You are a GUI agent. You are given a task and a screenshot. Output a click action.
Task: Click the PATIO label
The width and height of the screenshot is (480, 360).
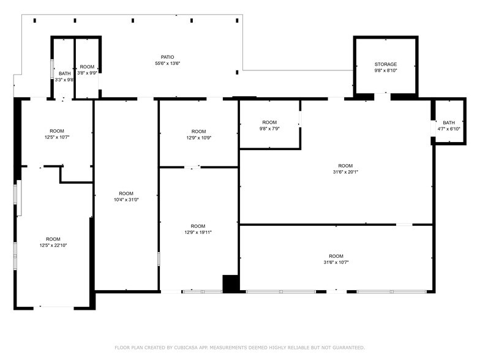pos(168,57)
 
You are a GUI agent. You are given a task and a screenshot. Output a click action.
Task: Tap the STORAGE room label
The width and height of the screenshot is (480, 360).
pos(386,64)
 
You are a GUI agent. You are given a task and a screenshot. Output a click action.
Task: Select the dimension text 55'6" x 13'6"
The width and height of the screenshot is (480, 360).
pos(168,64)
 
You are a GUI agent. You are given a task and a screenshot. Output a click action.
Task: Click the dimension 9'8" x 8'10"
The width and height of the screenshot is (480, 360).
pos(386,70)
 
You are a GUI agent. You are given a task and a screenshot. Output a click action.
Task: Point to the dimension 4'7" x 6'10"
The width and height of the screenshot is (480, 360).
pos(448,129)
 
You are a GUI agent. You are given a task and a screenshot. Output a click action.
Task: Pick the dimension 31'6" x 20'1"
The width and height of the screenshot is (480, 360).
pos(345,172)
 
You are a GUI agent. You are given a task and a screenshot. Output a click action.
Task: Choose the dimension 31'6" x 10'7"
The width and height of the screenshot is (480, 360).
pos(336,262)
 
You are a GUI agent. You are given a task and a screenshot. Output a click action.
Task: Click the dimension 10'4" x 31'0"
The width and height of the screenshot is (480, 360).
pos(126,200)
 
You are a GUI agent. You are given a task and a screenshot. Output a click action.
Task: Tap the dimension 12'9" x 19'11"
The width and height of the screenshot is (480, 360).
pos(198,233)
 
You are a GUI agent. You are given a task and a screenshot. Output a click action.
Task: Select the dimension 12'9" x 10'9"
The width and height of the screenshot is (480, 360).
pos(198,138)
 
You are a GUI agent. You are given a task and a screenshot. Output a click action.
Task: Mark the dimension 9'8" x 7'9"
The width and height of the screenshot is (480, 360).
pos(269,129)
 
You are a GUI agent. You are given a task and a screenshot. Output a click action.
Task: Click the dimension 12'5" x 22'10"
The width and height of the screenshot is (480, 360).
pos(53,245)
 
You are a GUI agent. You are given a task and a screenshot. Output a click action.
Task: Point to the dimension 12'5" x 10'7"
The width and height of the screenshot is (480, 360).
pos(57,137)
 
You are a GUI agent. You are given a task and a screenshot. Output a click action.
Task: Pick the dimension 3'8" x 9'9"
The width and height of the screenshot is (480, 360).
pos(87,73)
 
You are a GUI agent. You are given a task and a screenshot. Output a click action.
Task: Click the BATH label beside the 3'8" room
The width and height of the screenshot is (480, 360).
pos(65,73)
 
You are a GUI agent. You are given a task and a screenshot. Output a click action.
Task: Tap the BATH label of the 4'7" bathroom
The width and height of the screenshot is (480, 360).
pos(449,122)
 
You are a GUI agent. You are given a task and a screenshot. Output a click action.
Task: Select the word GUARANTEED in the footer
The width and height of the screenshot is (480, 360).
pos(349,348)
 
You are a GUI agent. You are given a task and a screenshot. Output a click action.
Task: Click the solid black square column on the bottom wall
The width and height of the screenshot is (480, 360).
pos(230,284)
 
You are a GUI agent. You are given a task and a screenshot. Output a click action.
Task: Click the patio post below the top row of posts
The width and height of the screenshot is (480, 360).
pos(237,72)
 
